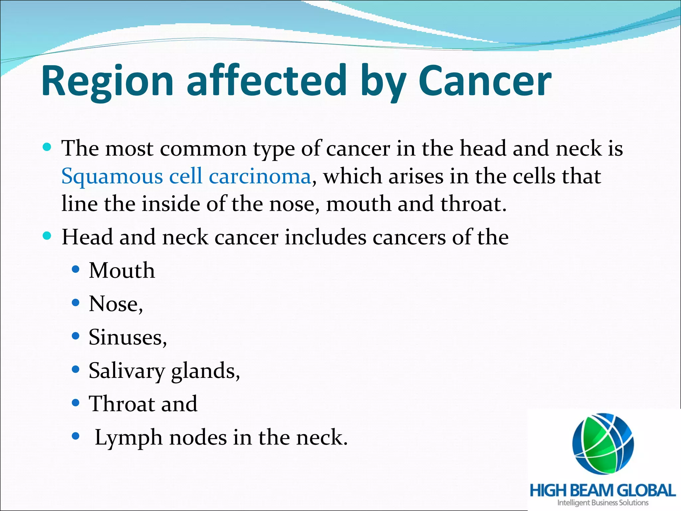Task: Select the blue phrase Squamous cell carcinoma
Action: point(186,176)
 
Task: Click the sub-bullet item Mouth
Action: point(122,270)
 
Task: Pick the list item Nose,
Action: point(116,304)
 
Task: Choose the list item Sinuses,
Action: point(127,337)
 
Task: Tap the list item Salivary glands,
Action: point(164,371)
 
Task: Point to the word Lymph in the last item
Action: point(128,438)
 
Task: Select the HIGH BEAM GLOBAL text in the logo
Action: point(603,490)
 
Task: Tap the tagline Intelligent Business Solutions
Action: point(603,503)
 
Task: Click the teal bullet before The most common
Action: point(47,147)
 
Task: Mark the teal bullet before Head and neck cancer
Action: point(47,236)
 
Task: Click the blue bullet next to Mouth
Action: point(76,269)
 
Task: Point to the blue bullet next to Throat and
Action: point(76,403)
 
